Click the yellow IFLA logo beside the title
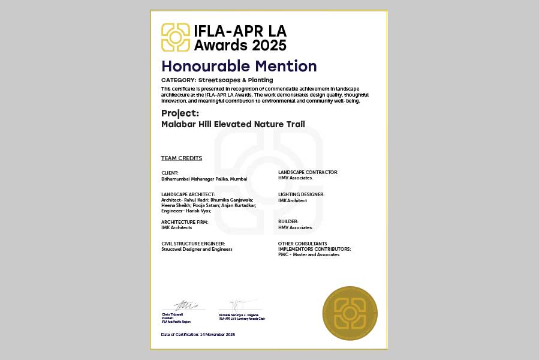click(176, 37)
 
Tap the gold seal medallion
click(350, 313)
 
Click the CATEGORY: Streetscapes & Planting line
click(217, 80)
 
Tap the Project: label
click(180, 113)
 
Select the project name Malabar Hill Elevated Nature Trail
click(233, 124)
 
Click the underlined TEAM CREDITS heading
click(182, 158)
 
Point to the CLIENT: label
click(170, 173)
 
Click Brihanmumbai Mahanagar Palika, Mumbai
click(204, 179)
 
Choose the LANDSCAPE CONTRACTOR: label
click(308, 172)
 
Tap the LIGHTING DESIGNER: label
click(301, 194)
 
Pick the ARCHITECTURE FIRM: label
click(185, 222)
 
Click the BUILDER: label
click(288, 221)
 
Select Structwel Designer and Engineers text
click(197, 249)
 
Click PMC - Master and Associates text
click(308, 254)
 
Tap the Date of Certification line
click(198, 334)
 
